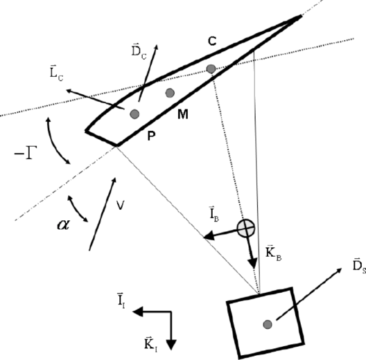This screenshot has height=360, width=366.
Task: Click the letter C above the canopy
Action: (x=213, y=42)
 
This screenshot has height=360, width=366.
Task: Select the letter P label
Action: (x=150, y=136)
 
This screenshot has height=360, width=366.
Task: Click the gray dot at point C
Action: (x=211, y=69)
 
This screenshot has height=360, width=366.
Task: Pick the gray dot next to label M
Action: (x=169, y=93)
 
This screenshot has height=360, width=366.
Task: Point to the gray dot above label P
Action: (x=134, y=114)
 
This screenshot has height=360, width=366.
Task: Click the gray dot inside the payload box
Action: (x=267, y=323)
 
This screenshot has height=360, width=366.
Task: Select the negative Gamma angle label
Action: (x=26, y=153)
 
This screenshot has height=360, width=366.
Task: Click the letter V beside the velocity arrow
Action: (x=120, y=204)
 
